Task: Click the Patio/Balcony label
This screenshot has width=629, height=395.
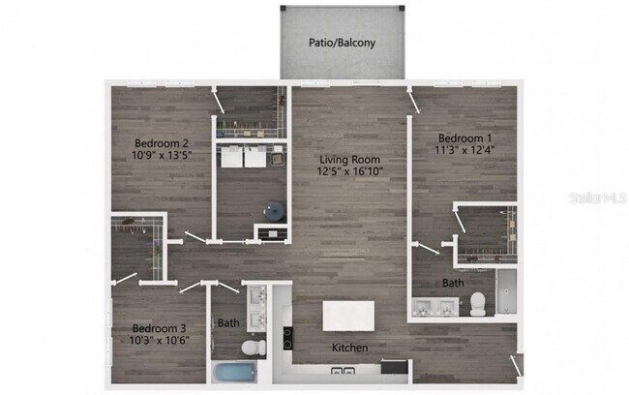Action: click(x=342, y=44)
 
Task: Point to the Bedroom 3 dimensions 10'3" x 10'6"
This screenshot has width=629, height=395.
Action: click(x=159, y=340)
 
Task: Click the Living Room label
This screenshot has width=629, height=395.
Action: click(x=350, y=160)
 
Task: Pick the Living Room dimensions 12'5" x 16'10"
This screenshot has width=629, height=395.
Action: click(x=350, y=172)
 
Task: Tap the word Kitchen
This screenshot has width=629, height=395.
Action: click(x=350, y=348)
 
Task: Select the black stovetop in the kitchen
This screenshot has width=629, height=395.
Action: click(x=287, y=338)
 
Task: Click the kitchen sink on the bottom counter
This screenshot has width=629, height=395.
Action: click(x=342, y=369)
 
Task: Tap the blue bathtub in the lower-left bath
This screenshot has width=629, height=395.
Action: click(x=234, y=372)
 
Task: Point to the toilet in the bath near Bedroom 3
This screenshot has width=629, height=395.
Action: click(x=249, y=346)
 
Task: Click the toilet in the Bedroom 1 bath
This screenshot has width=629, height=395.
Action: click(x=476, y=304)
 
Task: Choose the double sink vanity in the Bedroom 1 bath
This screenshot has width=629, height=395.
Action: click(x=434, y=308)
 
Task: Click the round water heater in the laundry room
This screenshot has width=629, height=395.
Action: click(x=275, y=209)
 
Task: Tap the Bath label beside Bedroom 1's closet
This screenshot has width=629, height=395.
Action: click(x=453, y=284)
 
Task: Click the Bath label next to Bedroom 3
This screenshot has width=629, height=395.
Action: click(x=228, y=323)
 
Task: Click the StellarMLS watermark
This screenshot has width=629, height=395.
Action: click(x=597, y=197)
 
